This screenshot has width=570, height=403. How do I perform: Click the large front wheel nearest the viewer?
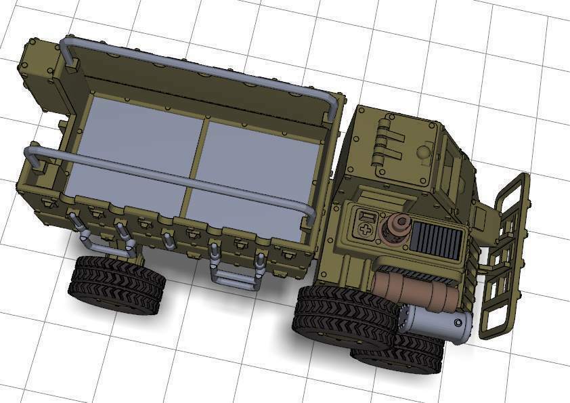point(345,318)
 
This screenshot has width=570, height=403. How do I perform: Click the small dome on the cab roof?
point(424,152)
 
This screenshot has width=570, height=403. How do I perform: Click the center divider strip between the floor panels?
point(195,159)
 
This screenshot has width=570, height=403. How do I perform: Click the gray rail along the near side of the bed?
point(169,177)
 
